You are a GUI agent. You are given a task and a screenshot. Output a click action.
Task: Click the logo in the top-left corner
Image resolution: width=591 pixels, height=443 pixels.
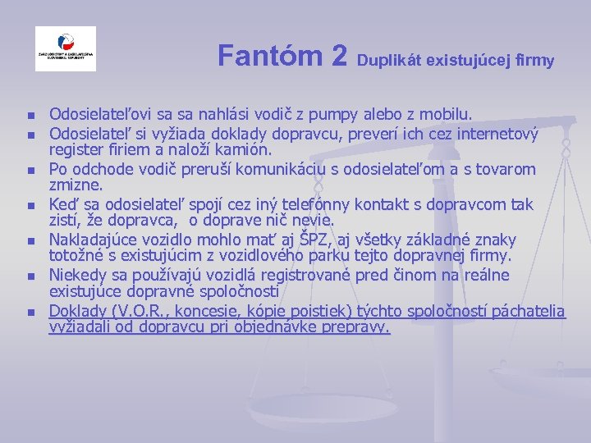pos(66,49)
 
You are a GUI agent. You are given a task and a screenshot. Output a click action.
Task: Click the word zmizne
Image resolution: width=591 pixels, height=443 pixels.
pos(74,186)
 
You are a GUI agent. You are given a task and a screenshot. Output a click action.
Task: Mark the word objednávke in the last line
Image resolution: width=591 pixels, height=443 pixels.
pos(252,327)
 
